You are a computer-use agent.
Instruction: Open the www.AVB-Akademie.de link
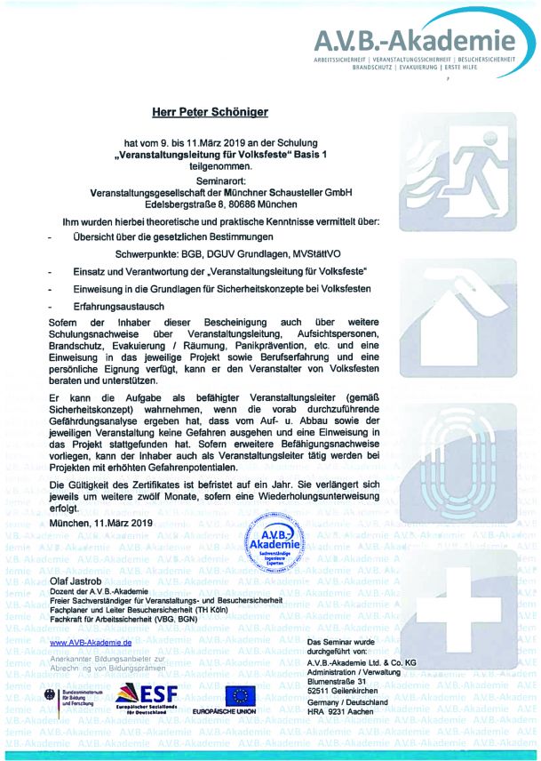pyautogui.click(x=91, y=642)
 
